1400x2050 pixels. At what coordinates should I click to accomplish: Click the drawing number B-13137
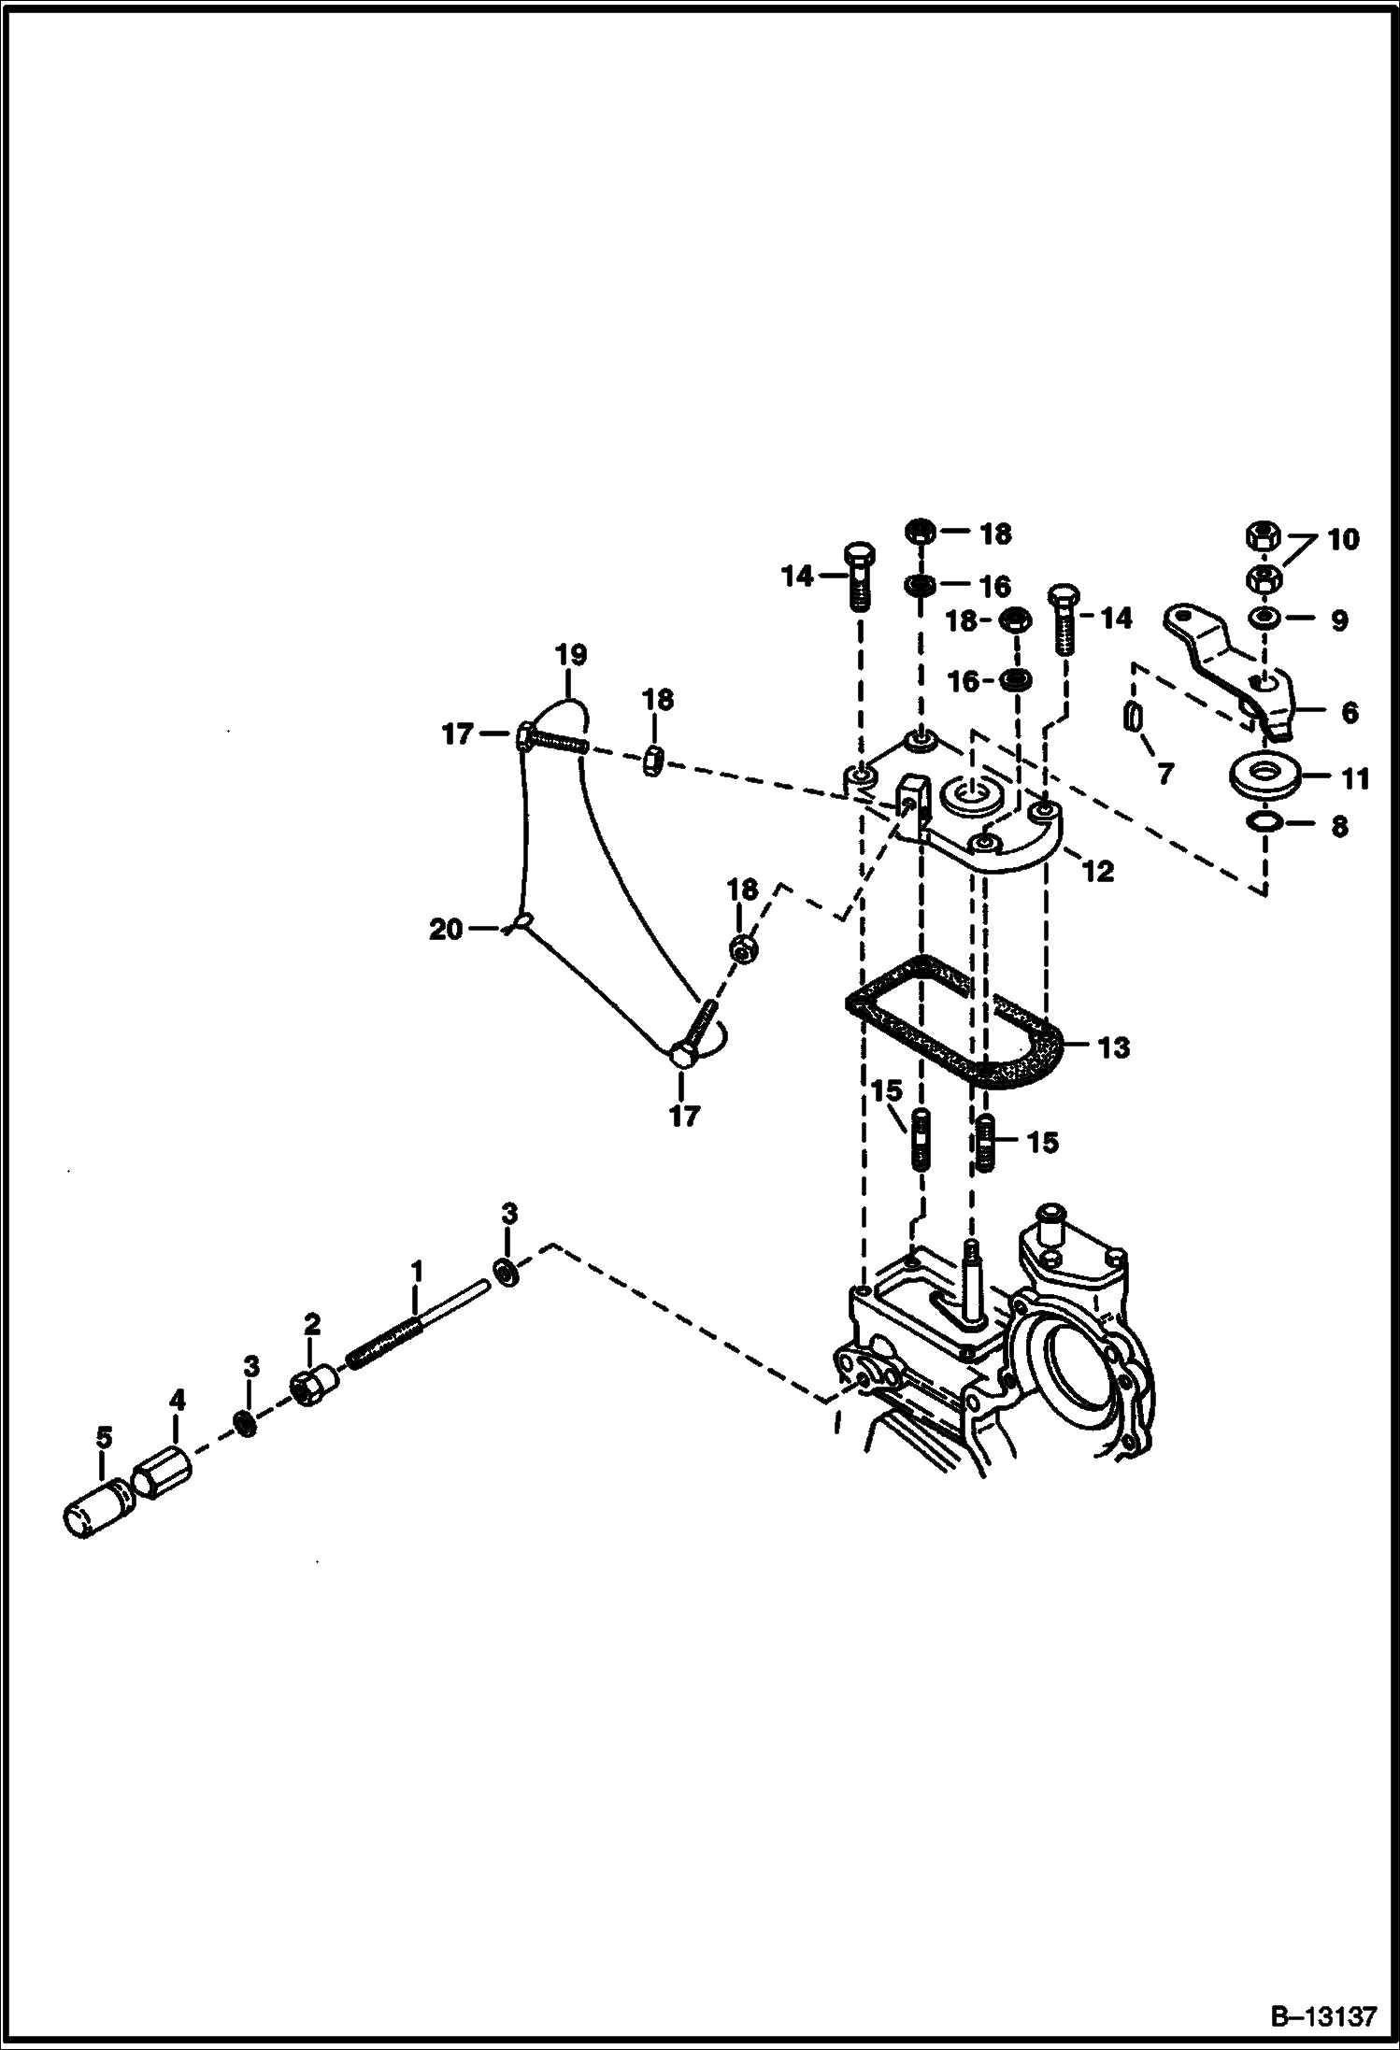(x=1324, y=2014)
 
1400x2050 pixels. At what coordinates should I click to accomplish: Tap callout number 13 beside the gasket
(x=1113, y=1046)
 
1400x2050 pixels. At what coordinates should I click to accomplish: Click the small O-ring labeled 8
(x=1264, y=821)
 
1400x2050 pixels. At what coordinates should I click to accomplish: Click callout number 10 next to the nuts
(x=1343, y=539)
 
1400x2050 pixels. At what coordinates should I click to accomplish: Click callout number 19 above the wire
(x=571, y=655)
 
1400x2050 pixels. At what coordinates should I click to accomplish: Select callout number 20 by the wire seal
(x=446, y=930)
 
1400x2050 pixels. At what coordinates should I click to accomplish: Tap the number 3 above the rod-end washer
(x=508, y=1214)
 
